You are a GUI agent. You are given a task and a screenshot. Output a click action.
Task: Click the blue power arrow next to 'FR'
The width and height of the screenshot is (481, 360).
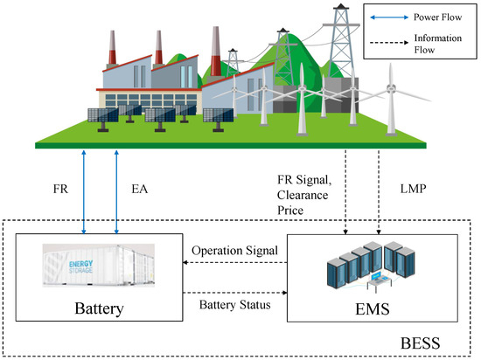pos(84,190)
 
